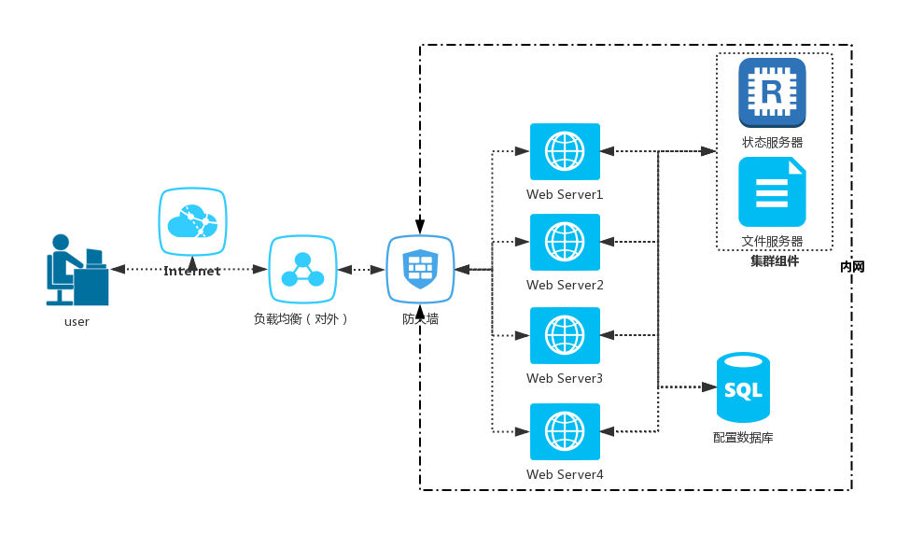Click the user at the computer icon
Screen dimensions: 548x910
click(x=77, y=270)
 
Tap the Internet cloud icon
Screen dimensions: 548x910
click(x=192, y=222)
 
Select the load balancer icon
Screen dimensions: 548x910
click(x=302, y=270)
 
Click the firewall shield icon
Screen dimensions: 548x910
click(x=420, y=270)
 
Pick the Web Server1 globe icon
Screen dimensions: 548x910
click(x=565, y=151)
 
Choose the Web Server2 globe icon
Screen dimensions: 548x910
click(x=565, y=242)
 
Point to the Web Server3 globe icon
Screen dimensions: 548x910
click(x=565, y=335)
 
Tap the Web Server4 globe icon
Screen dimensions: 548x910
click(x=565, y=431)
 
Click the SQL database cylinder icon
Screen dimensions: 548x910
click(x=743, y=387)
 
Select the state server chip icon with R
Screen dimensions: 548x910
click(x=772, y=92)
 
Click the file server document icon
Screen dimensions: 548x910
click(x=772, y=191)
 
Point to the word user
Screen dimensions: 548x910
click(x=77, y=322)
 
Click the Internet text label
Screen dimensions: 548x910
click(x=192, y=272)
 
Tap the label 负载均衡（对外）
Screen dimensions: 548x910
click(x=301, y=319)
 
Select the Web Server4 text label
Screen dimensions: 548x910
click(x=565, y=474)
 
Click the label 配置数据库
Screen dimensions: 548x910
click(x=743, y=437)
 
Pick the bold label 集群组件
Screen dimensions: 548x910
click(x=775, y=261)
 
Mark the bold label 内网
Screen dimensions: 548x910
click(x=852, y=267)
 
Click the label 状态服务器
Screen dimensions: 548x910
click(x=773, y=143)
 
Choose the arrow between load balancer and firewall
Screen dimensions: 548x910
click(x=361, y=270)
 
